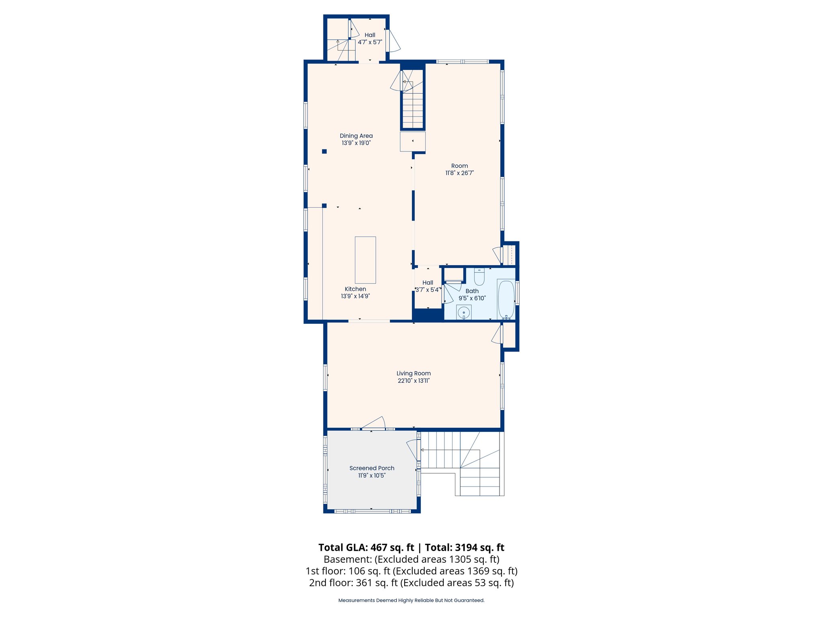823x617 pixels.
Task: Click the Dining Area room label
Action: (356, 136)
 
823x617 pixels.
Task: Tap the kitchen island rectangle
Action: (365, 260)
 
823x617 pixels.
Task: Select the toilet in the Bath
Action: (479, 276)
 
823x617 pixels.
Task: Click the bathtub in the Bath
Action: (506, 300)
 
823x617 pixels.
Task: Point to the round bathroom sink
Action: (464, 312)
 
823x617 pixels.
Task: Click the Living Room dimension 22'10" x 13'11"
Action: (414, 381)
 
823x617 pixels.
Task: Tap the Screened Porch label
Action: (372, 468)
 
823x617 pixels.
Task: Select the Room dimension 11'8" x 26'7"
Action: (459, 173)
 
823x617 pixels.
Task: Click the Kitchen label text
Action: (355, 289)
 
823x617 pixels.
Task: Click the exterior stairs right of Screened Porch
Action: (462, 462)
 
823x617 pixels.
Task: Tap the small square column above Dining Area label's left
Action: (324, 151)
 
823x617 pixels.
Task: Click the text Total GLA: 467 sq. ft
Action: (366, 548)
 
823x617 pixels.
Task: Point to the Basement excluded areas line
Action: (411, 559)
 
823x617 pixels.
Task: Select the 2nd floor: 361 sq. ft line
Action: (411, 582)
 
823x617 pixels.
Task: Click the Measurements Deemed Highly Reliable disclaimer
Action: (411, 600)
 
